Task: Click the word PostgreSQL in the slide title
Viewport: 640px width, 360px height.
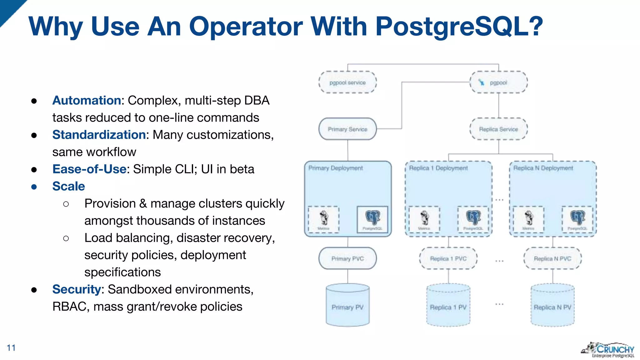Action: click(459, 26)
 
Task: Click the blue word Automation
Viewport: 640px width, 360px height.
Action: click(87, 100)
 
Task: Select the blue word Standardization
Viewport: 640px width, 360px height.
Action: click(99, 135)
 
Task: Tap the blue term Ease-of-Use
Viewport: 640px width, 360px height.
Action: click(89, 169)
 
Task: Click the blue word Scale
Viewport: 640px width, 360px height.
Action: click(68, 186)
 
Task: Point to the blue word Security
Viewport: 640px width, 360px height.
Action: click(77, 289)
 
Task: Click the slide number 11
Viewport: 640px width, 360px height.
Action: click(11, 348)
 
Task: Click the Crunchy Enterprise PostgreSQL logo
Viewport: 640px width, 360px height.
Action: click(608, 350)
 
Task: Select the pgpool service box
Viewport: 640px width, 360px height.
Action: click(347, 82)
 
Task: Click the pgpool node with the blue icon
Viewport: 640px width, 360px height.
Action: click(498, 82)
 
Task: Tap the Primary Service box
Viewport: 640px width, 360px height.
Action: click(347, 129)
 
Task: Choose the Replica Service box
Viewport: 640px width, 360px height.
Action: click(498, 129)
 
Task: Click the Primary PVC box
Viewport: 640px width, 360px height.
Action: click(347, 259)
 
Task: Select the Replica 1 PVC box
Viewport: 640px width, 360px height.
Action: click(448, 259)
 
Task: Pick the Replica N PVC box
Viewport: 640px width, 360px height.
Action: click(552, 259)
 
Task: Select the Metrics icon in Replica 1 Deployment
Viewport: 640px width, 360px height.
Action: click(424, 219)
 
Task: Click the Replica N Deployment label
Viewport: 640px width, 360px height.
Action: click(543, 168)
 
